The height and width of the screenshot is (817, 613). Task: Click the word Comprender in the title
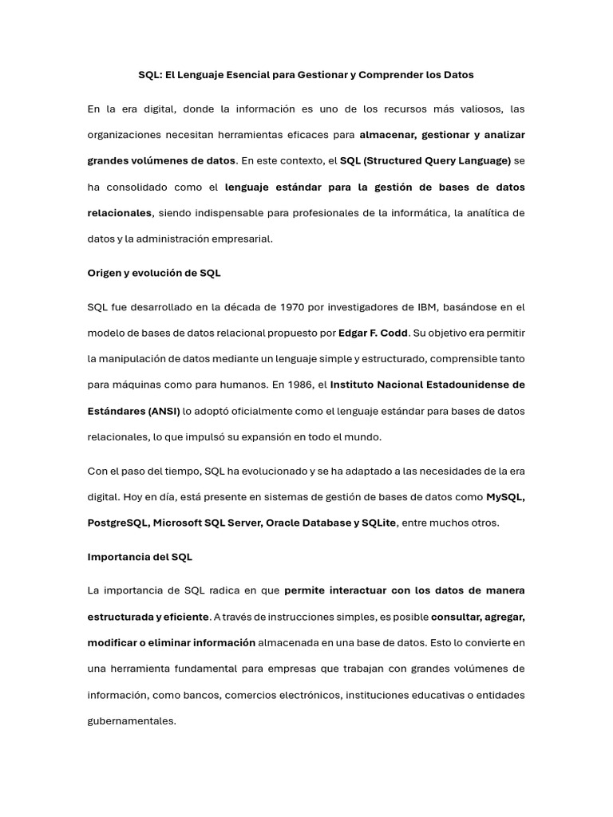point(388,75)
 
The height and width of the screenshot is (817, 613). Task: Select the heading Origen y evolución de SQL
point(154,273)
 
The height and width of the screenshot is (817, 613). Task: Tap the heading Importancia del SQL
point(140,557)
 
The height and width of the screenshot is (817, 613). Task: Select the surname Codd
point(393,333)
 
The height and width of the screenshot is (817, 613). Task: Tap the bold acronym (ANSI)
point(162,411)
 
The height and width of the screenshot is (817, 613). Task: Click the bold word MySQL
point(505,497)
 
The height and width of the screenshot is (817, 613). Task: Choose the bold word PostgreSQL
point(117,523)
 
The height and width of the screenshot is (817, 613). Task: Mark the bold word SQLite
point(378,523)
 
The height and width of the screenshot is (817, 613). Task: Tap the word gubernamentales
point(131,720)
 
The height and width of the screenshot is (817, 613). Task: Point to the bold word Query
point(437,160)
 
